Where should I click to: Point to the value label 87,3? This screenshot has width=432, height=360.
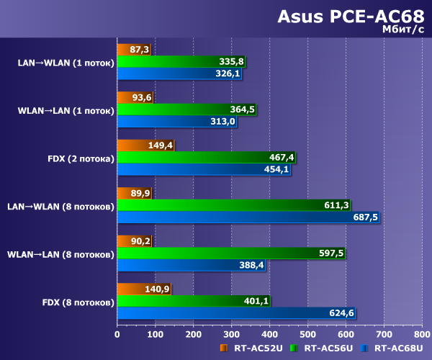pos(140,50)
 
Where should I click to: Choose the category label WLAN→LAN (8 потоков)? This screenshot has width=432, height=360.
pos(60,254)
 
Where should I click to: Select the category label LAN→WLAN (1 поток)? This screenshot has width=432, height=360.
pos(66,62)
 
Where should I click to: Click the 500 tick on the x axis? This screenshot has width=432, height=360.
pos(307,334)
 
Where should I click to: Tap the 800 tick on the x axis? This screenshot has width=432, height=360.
pos(421,334)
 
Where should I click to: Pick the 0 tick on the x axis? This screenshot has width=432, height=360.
pos(117,334)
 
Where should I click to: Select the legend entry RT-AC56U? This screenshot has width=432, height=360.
pos(327,349)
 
